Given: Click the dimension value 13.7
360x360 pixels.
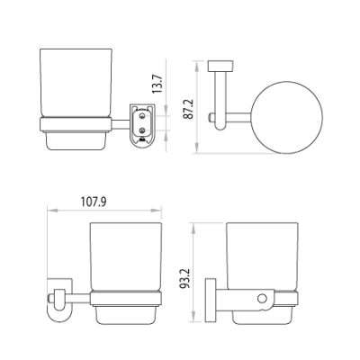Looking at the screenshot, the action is (158, 84).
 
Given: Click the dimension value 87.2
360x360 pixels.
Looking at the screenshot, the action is (189, 110).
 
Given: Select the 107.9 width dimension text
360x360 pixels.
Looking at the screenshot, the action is (94, 202).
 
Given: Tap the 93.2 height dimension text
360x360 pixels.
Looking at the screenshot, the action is (184, 279).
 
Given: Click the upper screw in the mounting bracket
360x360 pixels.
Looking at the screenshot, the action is (142, 115).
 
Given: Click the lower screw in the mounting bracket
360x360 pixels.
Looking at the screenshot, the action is (142, 130).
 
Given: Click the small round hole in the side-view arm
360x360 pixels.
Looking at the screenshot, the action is (262, 298).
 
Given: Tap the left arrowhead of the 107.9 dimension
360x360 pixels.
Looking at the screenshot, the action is (52, 211).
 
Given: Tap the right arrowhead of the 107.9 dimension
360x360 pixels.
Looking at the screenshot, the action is (157, 211).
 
